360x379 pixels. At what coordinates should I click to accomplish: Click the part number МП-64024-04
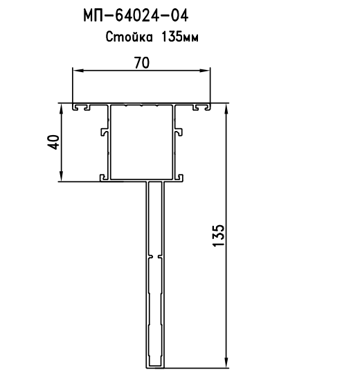pyautogui.click(x=136, y=16)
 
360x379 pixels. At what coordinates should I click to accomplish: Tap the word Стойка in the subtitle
pyautogui.click(x=129, y=37)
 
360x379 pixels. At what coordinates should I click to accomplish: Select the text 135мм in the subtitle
pyautogui.click(x=179, y=37)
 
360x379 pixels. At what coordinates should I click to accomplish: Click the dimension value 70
pyautogui.click(x=142, y=62)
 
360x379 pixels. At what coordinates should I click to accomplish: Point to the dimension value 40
pyautogui.click(x=54, y=142)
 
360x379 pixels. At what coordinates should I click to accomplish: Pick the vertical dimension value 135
pyautogui.click(x=219, y=236)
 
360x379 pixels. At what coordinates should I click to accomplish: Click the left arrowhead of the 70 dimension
pyautogui.click(x=78, y=71)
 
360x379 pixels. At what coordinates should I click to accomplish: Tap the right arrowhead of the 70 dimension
pyautogui.click(x=205, y=71)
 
